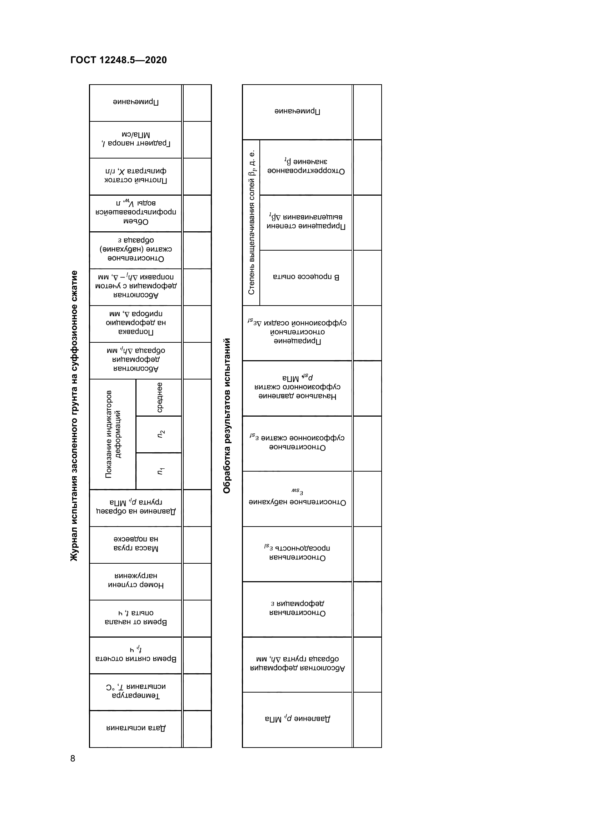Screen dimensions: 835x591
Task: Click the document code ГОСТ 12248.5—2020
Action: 118,60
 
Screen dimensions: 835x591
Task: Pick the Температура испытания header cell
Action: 135,691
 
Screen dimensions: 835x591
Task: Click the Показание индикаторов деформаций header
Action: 113,434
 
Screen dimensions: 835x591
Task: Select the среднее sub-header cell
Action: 159,397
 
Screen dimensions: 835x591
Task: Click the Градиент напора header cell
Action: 135,139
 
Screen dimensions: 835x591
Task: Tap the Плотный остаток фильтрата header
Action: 135,176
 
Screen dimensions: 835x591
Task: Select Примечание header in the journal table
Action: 135,102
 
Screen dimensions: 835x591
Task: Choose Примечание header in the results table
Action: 297,111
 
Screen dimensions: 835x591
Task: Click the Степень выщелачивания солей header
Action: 251,222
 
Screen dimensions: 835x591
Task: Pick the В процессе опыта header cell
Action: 306,277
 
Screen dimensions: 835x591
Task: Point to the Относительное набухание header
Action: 297,498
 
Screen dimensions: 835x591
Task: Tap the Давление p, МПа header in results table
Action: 297,719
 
